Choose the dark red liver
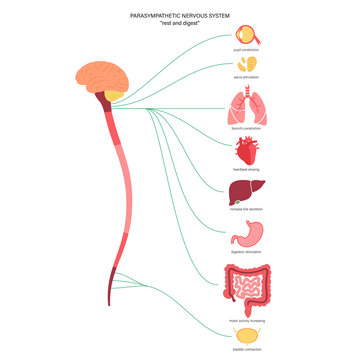[x=246, y=193]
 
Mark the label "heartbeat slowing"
[x=246, y=170]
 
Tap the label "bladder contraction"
[x=246, y=351]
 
